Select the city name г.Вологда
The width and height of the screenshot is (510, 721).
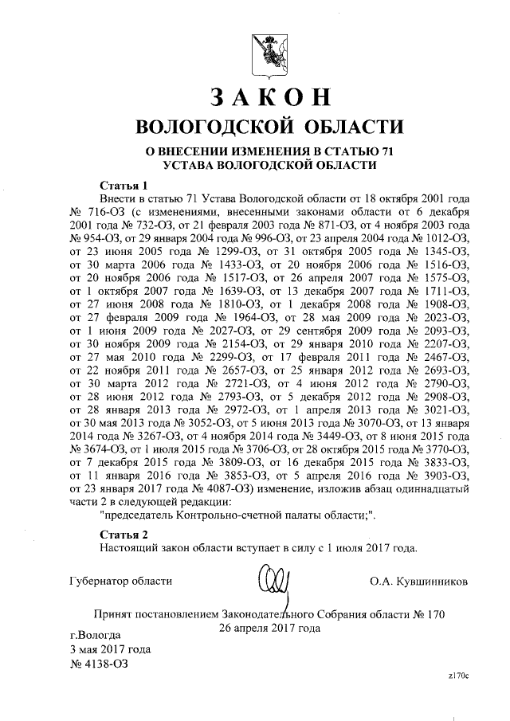(96, 635)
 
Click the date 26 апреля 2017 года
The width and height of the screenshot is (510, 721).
(269, 628)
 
